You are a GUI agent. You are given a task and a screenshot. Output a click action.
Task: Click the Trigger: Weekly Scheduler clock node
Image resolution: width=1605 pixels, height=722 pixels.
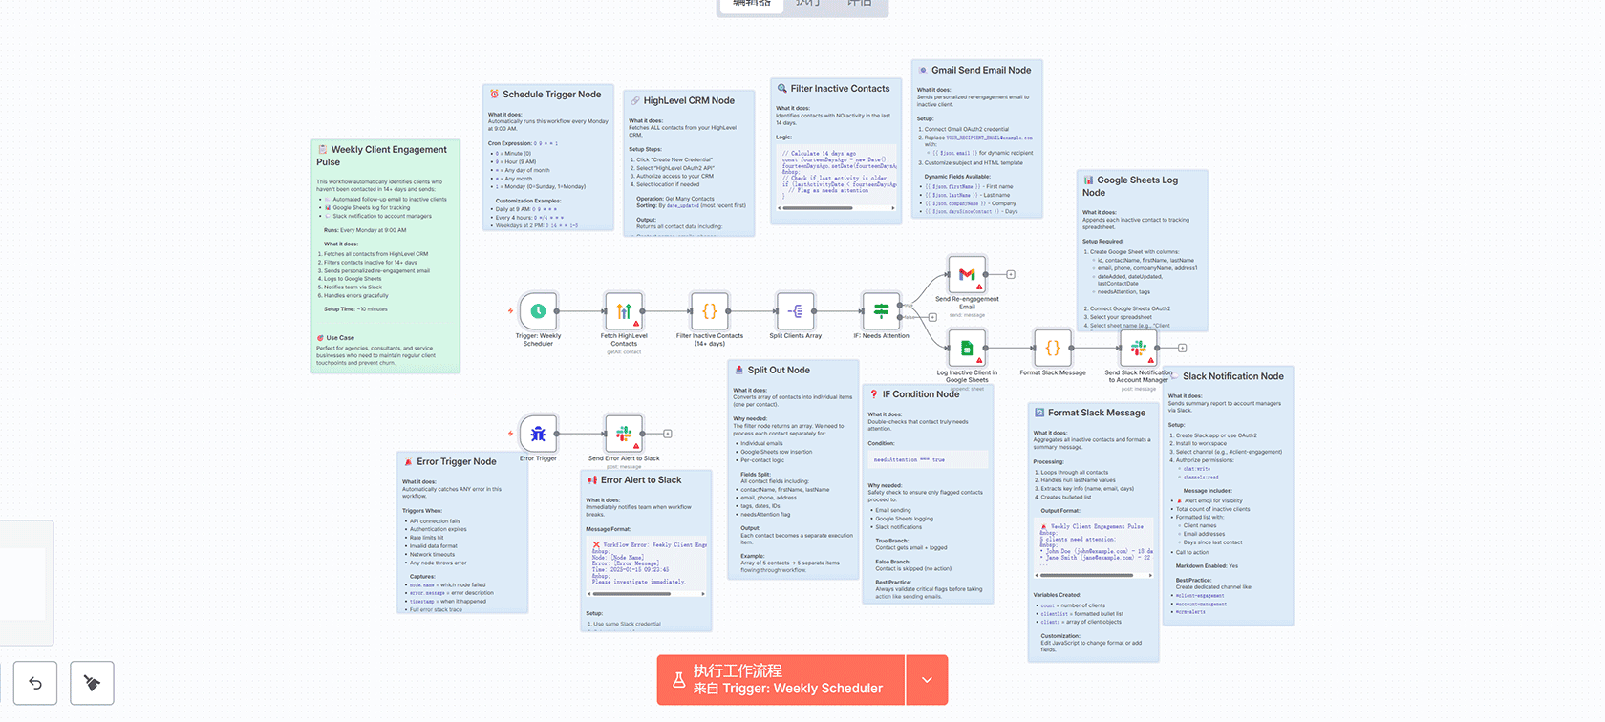point(538,311)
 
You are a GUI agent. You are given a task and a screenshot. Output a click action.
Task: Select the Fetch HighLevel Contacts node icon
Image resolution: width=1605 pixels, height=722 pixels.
point(624,311)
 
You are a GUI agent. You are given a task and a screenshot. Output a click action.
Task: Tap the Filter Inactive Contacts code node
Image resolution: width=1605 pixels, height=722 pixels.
point(710,311)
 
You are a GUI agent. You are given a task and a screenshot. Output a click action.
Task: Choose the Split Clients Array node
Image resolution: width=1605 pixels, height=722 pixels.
point(796,311)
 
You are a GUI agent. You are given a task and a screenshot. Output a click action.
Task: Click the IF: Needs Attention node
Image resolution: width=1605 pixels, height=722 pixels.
point(881,311)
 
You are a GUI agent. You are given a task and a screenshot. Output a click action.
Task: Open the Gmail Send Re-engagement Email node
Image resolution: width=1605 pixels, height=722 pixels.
point(967,275)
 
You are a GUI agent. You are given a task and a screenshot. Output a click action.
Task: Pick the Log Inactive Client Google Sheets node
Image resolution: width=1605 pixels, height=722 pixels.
point(967,348)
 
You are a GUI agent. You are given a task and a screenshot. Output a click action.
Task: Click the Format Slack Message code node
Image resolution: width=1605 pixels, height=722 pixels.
point(1052,348)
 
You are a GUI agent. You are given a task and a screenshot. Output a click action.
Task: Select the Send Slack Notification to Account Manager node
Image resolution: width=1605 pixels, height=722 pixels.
point(1138,348)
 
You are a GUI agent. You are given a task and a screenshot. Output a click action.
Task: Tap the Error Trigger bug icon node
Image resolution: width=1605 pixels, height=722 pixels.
point(538,434)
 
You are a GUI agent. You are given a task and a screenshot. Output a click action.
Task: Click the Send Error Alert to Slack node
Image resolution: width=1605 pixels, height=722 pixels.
point(624,434)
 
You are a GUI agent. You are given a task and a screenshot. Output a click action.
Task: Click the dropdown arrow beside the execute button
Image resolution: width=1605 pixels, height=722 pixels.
point(927,680)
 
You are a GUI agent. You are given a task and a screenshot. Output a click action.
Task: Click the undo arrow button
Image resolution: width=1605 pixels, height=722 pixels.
point(35,683)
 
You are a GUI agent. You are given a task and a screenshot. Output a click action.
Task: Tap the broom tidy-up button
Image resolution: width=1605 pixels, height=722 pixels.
point(92,683)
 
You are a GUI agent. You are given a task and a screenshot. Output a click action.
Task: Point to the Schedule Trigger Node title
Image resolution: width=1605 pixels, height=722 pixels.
point(551,95)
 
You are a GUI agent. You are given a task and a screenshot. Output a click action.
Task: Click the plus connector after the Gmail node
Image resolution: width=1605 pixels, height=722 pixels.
point(1011,275)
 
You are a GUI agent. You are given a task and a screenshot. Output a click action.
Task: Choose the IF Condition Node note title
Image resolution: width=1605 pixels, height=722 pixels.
point(920,394)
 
